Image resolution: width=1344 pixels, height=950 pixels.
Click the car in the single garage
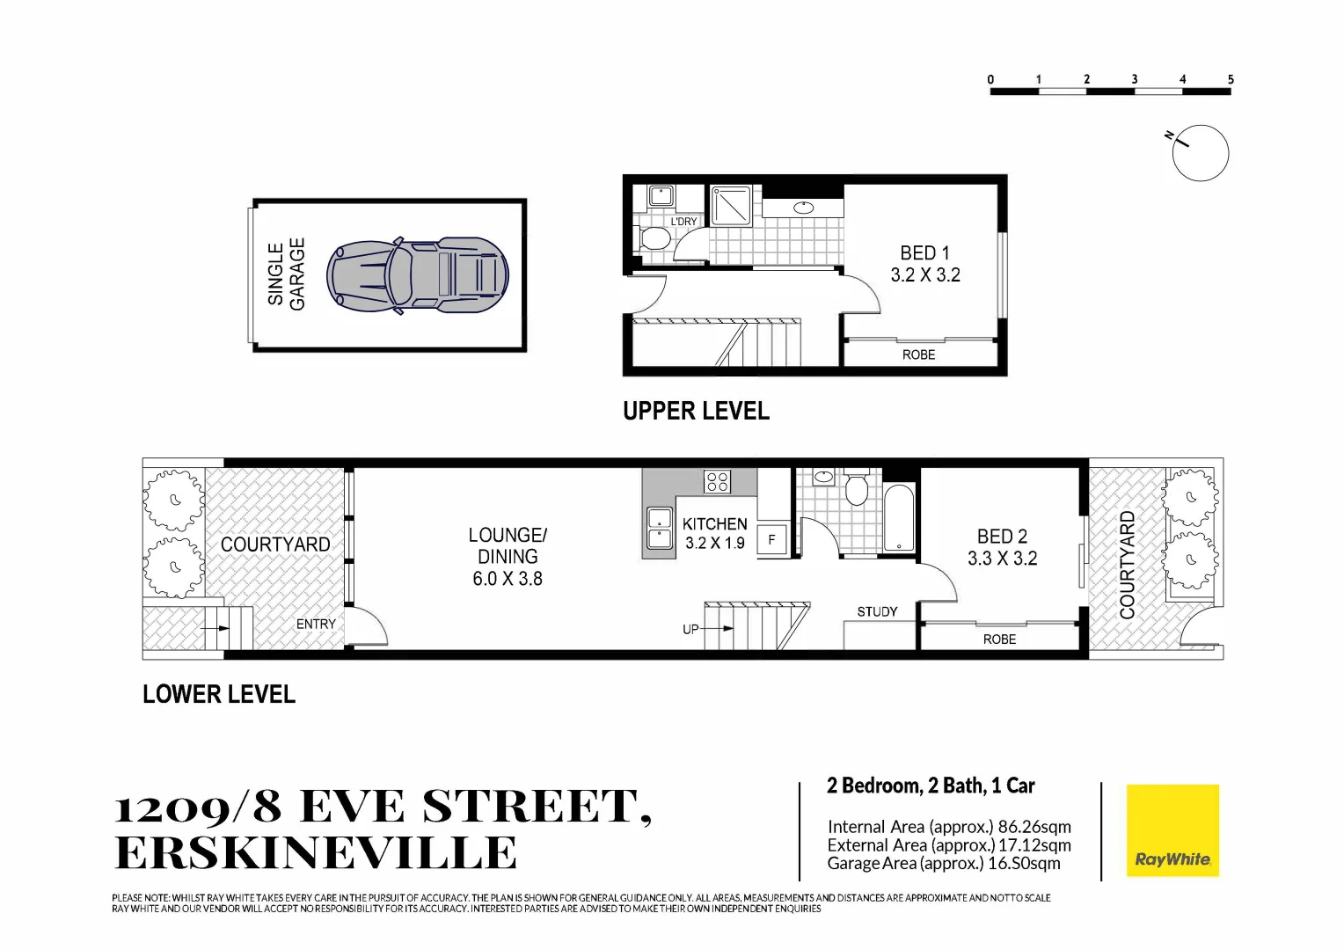pyautogui.click(x=418, y=275)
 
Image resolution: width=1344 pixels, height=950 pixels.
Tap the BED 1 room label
pyautogui.click(x=924, y=253)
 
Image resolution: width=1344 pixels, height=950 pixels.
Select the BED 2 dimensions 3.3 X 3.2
pyautogui.click(x=1002, y=559)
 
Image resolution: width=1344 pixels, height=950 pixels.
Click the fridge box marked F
pyautogui.click(x=771, y=539)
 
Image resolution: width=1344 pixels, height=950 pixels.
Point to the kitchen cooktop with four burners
pyautogui.click(x=717, y=481)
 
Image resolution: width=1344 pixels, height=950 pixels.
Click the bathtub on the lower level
pyautogui.click(x=899, y=518)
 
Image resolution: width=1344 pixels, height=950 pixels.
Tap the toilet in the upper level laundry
pyautogui.click(x=654, y=237)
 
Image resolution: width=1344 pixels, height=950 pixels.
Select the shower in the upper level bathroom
pyautogui.click(x=731, y=206)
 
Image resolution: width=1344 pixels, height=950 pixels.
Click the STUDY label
pyautogui.click(x=877, y=611)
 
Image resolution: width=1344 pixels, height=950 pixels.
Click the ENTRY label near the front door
pyautogui.click(x=316, y=624)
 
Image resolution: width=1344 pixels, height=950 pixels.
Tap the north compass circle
pyautogui.click(x=1200, y=153)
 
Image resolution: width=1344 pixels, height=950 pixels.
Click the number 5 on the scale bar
pyautogui.click(x=1230, y=79)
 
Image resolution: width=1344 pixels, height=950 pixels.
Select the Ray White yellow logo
pyautogui.click(x=1172, y=830)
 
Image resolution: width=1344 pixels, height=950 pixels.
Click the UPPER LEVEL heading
pyautogui.click(x=696, y=411)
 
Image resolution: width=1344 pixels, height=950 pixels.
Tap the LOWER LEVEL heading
pyautogui.click(x=219, y=694)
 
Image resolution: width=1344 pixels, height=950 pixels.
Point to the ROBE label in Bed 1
pyautogui.click(x=918, y=354)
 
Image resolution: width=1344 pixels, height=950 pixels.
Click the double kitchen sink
pyautogui.click(x=659, y=528)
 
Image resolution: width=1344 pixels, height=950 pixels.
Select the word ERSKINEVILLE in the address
pyautogui.click(x=317, y=852)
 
